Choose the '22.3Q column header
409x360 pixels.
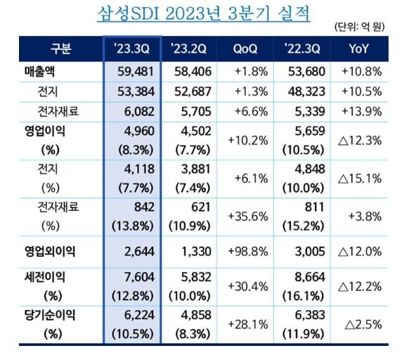click(x=302, y=49)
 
